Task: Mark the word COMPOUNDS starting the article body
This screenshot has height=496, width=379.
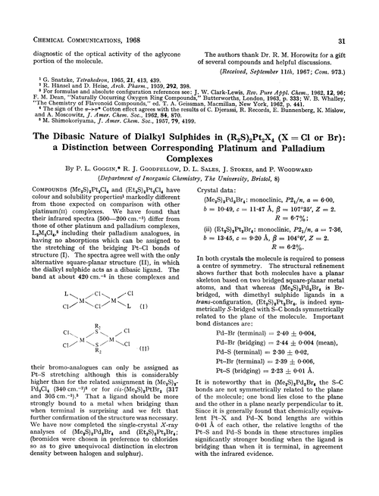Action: pos(33,211)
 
